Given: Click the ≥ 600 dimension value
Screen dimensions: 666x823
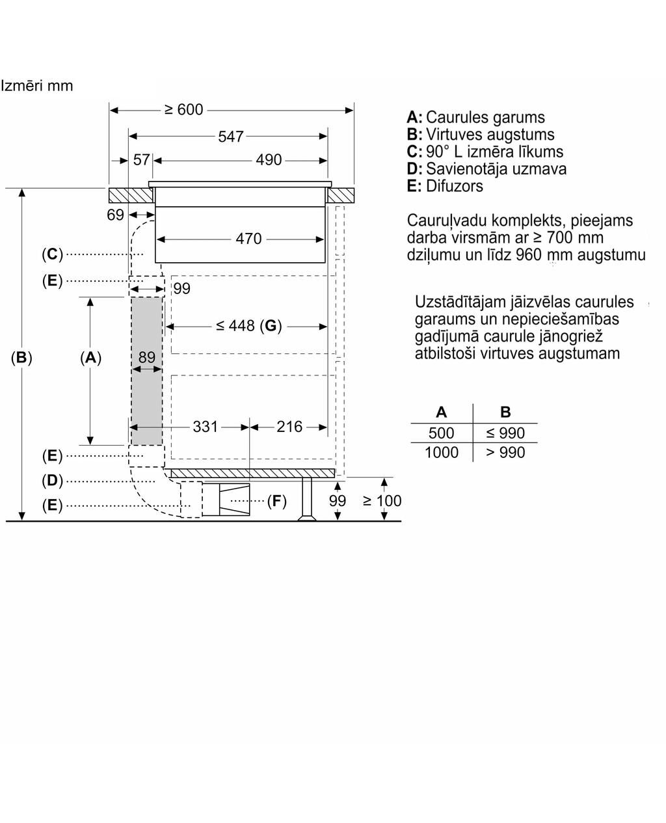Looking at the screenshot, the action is click(184, 110).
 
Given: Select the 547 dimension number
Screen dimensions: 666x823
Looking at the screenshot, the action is click(231, 137).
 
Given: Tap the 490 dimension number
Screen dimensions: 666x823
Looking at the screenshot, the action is click(269, 159).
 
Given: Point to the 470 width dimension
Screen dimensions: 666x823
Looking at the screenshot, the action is click(249, 239).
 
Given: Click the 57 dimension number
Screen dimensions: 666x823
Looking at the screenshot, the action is click(141, 159).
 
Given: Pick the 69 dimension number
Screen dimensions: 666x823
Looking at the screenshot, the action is click(115, 215).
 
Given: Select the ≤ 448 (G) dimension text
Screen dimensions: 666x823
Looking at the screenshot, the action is click(249, 326).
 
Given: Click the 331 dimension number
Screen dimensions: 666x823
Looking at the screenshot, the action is click(205, 427).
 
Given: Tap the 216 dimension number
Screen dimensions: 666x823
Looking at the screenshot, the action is click(289, 427).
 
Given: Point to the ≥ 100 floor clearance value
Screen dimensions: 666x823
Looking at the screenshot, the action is click(382, 501).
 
